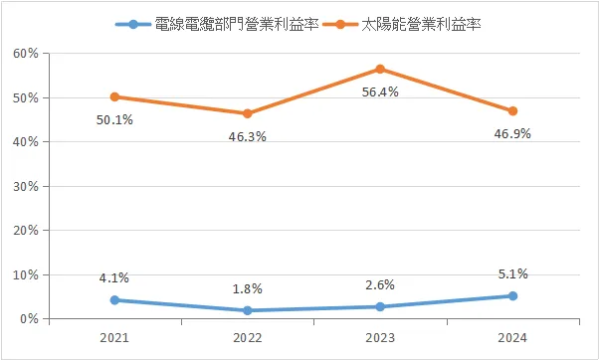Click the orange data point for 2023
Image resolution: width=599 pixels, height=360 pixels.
(x=380, y=69)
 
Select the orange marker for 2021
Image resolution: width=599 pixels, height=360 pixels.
(x=115, y=96)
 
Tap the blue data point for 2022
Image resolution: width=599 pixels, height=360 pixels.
(x=248, y=310)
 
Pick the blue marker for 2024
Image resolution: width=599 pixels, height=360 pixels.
(x=512, y=295)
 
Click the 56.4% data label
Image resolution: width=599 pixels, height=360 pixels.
(x=380, y=92)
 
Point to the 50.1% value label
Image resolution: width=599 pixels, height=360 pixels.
(x=115, y=121)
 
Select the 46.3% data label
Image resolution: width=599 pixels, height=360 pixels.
(x=248, y=137)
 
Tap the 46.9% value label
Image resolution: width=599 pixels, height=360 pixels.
(x=512, y=134)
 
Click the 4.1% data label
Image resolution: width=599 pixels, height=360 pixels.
(x=115, y=277)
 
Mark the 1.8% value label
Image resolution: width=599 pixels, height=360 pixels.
(x=248, y=288)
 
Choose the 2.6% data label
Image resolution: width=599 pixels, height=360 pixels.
(x=380, y=284)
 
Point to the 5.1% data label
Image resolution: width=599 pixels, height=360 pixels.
(x=512, y=273)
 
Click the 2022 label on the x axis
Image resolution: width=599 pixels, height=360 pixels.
(x=248, y=337)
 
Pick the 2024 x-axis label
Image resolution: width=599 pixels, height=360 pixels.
(x=512, y=337)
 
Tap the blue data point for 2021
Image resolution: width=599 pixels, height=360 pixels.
(x=115, y=300)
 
